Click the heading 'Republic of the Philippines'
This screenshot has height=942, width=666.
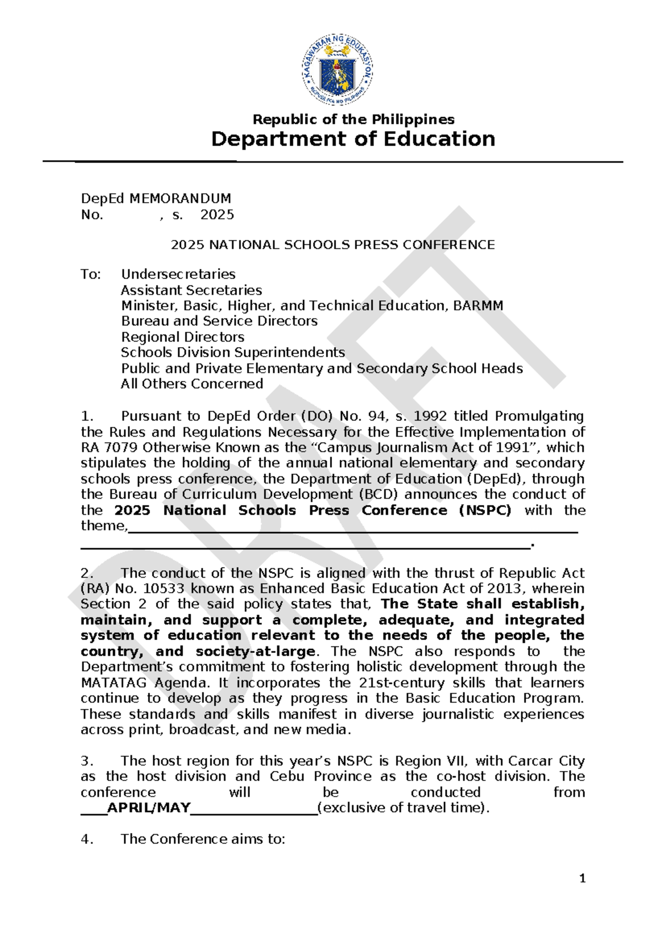[354, 119]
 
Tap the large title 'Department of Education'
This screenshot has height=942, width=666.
[353, 139]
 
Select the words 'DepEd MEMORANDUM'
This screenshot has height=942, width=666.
[156, 199]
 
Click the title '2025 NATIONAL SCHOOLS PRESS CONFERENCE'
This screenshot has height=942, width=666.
[332, 245]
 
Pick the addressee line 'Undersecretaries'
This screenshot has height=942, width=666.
[178, 274]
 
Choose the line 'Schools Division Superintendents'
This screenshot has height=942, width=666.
[233, 353]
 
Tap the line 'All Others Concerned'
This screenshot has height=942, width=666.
[191, 384]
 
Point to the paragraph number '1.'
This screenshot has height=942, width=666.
[87, 417]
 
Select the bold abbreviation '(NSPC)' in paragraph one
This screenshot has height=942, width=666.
[485, 510]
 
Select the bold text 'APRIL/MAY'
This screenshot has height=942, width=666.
[149, 808]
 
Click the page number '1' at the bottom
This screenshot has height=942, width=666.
[582, 879]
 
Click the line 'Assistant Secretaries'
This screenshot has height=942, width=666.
[191, 290]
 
